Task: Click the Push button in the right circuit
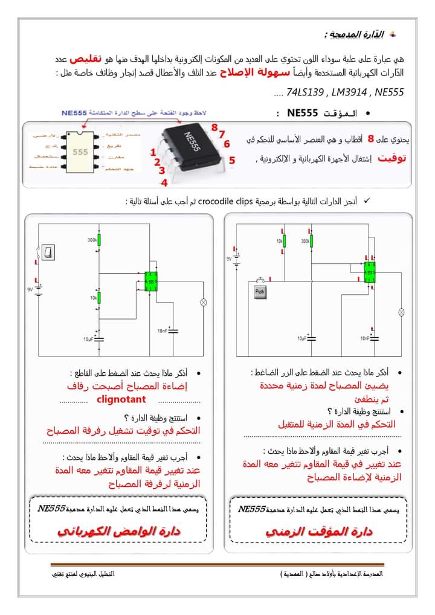coord(260,292)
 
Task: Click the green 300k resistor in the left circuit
coord(100,241)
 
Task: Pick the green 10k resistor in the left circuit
coord(100,298)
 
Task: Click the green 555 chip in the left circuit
coord(150,282)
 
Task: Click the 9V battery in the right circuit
coord(237,260)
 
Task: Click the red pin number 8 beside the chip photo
coord(214,126)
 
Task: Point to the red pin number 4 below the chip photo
coord(164,181)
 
